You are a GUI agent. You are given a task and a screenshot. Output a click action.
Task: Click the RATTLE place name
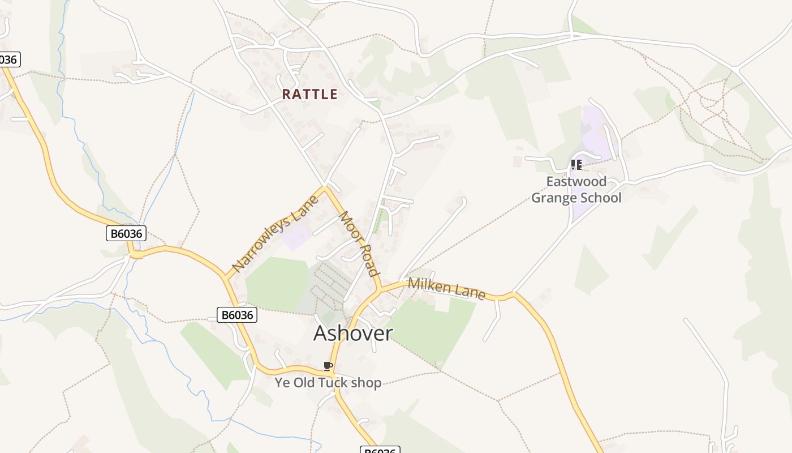[309, 94]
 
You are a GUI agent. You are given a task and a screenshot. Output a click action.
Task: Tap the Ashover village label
[352, 333]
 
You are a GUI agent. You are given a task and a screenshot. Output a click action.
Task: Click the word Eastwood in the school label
[576, 182]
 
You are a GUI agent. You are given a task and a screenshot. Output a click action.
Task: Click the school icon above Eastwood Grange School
[576, 165]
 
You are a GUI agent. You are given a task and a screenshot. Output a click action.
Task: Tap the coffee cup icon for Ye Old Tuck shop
[328, 366]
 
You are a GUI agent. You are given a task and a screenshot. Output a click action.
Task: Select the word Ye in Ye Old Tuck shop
[282, 383]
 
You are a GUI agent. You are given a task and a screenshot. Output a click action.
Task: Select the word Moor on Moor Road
[348, 226]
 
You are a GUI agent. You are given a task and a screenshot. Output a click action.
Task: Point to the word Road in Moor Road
[368, 261]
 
